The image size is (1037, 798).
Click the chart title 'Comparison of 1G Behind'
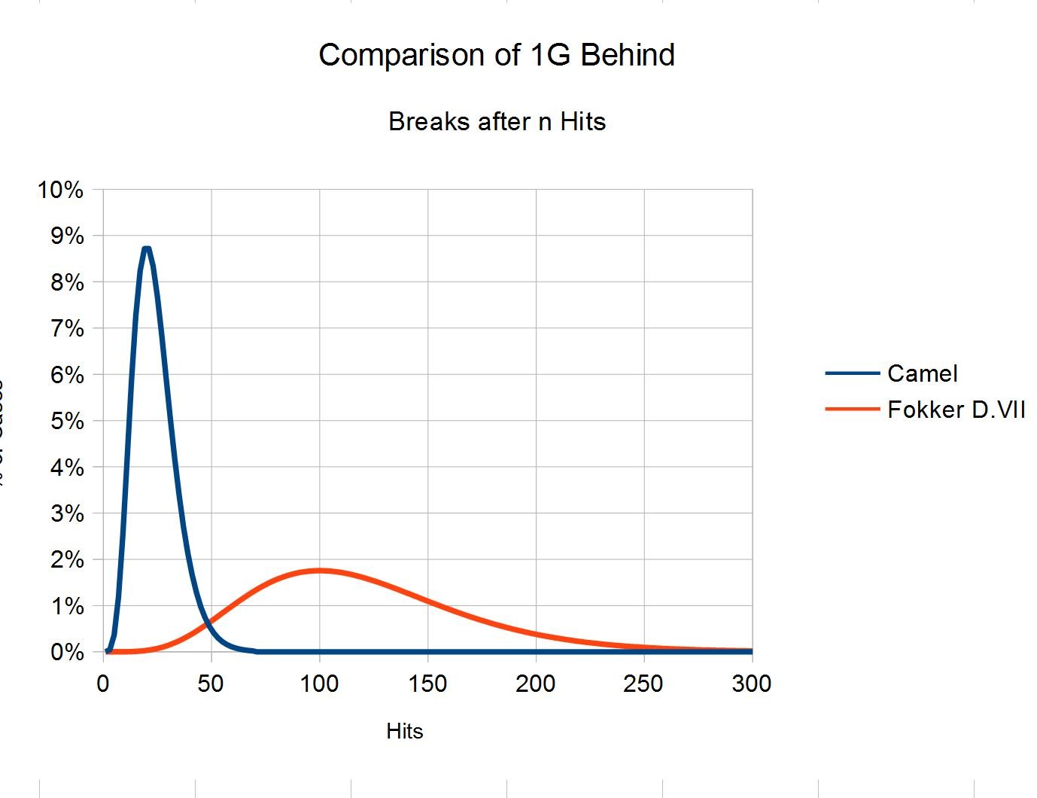click(x=497, y=56)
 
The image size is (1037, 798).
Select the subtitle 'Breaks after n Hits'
click(x=497, y=121)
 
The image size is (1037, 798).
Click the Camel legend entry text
click(x=922, y=373)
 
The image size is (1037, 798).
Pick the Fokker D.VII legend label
click(x=956, y=410)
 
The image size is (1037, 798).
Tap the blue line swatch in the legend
click(x=852, y=373)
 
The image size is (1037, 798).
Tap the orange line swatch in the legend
click(x=852, y=409)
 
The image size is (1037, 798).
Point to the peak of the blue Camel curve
click(x=146, y=248)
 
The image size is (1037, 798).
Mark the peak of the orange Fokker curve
click(x=319, y=570)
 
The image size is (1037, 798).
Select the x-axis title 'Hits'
click(x=405, y=731)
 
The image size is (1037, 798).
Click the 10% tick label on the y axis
click(x=60, y=190)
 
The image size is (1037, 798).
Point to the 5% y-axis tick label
click(x=67, y=421)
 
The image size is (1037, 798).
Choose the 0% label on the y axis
click(x=67, y=652)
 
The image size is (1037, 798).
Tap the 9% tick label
click(x=67, y=236)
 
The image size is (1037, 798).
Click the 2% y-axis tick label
click(x=67, y=560)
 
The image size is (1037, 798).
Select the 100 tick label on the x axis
click(x=319, y=684)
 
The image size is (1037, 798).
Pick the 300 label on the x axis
click(x=752, y=684)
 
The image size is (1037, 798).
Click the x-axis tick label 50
click(x=211, y=684)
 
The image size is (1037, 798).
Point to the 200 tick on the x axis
click(x=536, y=684)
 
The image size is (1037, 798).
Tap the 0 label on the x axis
click(x=103, y=684)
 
